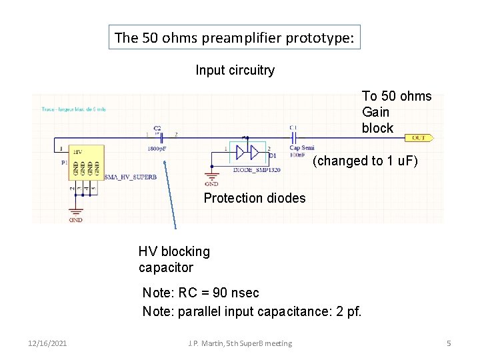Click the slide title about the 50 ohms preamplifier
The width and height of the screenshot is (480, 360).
pyautogui.click(x=235, y=37)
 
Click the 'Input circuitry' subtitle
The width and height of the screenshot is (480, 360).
pyautogui.click(x=235, y=70)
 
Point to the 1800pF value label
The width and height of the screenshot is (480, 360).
pyautogui.click(x=158, y=149)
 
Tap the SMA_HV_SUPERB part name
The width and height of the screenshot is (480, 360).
pyautogui.click(x=131, y=178)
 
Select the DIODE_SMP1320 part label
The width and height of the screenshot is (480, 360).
pyautogui.click(x=257, y=170)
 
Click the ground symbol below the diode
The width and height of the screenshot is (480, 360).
pyautogui.click(x=211, y=178)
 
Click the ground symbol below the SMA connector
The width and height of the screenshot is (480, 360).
pyautogui.click(x=75, y=215)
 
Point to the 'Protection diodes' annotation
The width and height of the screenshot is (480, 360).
pyautogui.click(x=255, y=198)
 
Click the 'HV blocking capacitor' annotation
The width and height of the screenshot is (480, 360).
pyautogui.click(x=173, y=259)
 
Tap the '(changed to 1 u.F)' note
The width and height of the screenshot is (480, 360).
pyautogui.click(x=365, y=161)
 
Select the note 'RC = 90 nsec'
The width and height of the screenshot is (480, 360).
pyautogui.click(x=201, y=293)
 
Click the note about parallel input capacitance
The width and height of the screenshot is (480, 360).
pyautogui.click(x=252, y=311)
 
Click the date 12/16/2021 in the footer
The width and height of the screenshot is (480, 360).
pyautogui.click(x=47, y=343)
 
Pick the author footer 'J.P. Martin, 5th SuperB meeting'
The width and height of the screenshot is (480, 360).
pyautogui.click(x=240, y=343)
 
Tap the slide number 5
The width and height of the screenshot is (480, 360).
pyautogui.click(x=449, y=343)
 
